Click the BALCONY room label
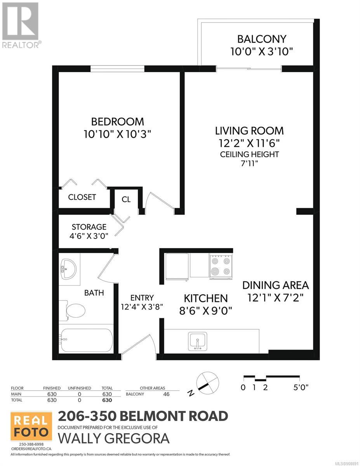click(x=262, y=39)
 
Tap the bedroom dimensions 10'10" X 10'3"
click(x=117, y=134)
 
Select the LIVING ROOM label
click(x=249, y=131)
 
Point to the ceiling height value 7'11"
click(x=249, y=163)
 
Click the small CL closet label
click(x=126, y=200)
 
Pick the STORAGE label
click(x=89, y=227)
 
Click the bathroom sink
click(x=68, y=269)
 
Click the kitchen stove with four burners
click(x=221, y=266)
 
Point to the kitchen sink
click(x=197, y=341)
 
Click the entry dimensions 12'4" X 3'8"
click(x=142, y=307)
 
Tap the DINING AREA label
click(x=275, y=285)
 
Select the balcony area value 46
click(x=166, y=394)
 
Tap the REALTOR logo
click(x=21, y=25)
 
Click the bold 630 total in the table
click(x=107, y=400)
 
